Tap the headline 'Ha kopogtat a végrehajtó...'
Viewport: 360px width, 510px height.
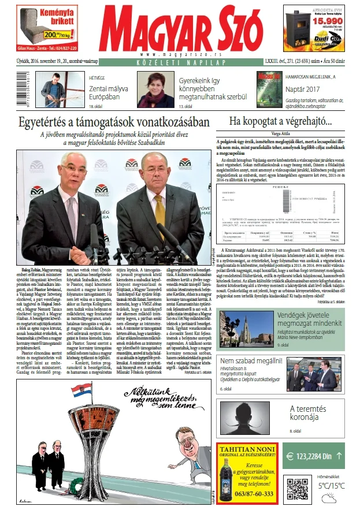click(x=281, y=122)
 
